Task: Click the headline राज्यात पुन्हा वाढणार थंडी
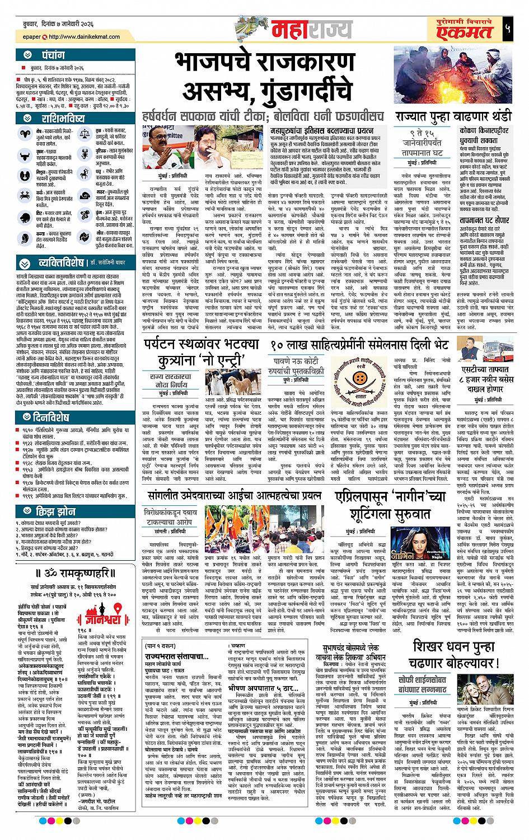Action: pyautogui.click(x=453, y=117)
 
